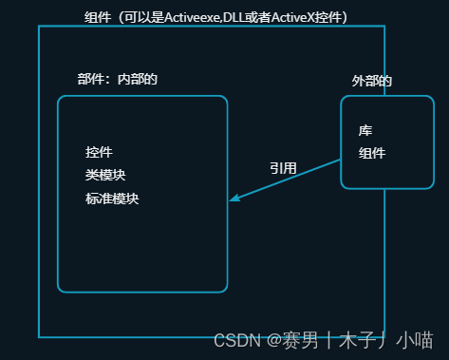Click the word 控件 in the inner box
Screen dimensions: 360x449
coord(99,152)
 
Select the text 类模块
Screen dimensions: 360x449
coord(105,175)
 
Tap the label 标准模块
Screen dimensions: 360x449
coord(112,199)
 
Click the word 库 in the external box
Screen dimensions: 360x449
coord(365,130)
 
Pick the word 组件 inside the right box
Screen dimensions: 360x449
coord(372,153)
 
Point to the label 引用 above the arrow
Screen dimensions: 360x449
coord(283,168)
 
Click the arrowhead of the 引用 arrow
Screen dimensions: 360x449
coord(234,199)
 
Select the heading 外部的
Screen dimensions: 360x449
coord(372,82)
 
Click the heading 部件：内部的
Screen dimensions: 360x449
coord(117,79)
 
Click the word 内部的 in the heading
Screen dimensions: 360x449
coord(137,79)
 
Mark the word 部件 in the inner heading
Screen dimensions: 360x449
coord(90,79)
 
